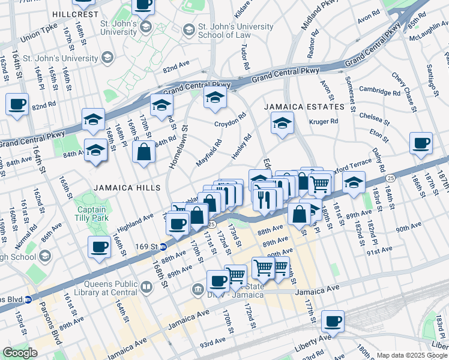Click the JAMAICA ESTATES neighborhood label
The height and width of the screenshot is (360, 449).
(x=306, y=107)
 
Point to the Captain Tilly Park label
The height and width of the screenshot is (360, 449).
(x=92, y=214)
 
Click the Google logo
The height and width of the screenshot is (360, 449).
(x=19, y=353)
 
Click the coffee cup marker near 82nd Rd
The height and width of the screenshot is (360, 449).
(x=17, y=104)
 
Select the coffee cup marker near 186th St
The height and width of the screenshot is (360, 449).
(x=421, y=143)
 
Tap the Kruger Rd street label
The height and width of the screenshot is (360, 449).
(x=324, y=121)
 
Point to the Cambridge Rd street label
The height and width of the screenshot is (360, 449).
(x=379, y=89)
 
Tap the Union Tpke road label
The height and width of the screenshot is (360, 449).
(x=38, y=37)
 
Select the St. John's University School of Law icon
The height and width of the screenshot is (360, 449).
(x=188, y=29)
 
